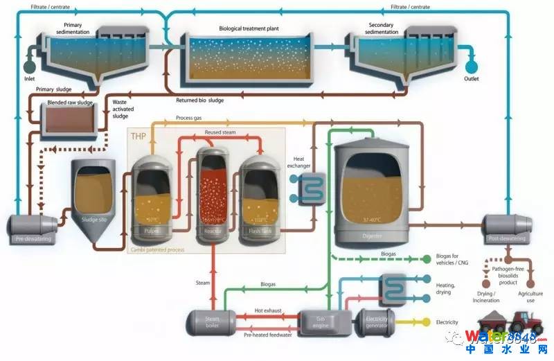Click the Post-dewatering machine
[508, 229]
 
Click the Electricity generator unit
[375, 320]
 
